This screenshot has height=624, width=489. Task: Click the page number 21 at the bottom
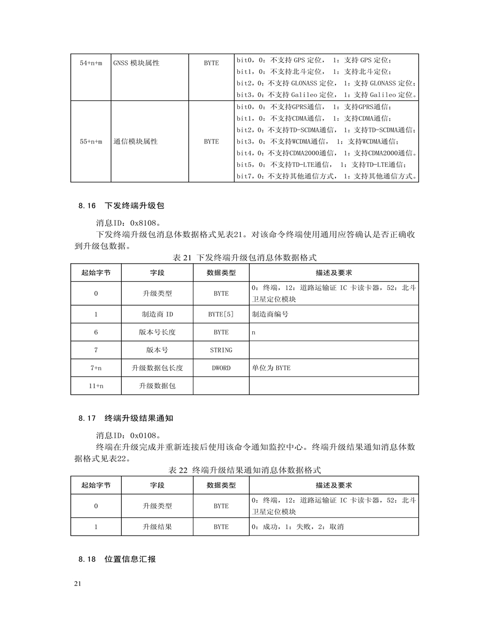pos(78,584)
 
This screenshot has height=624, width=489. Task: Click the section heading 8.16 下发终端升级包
pos(121,205)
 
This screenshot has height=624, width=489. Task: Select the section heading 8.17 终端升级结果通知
pos(128,417)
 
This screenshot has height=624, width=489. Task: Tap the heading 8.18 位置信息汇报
pos(118,559)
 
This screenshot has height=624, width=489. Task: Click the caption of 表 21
pos(244,257)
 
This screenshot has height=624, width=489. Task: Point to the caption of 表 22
pos(244,470)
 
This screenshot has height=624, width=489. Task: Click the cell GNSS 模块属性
pos(136,63)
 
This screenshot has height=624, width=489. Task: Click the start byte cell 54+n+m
pos(91,63)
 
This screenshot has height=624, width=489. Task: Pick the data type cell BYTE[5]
pos(221,314)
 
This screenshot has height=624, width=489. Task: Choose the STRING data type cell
pos(221,350)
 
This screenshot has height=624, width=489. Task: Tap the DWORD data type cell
pos(221,368)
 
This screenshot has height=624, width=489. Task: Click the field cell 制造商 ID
pos(157,314)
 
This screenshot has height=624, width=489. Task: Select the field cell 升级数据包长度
pos(157,368)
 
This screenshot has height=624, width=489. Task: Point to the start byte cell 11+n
pos(96,386)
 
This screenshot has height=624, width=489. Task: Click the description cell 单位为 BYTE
pos(271,368)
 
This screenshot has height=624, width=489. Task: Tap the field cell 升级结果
pos(157,527)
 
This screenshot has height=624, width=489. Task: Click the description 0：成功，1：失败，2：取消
pos(298,527)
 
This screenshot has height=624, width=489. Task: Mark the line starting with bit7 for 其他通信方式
pos(327,176)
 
